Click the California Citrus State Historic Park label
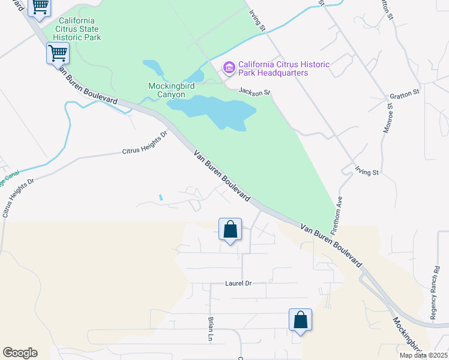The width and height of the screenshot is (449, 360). (x=80, y=28)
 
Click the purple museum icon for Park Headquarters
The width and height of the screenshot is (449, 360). (x=229, y=68)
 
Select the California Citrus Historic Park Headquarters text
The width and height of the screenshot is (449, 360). (x=284, y=68)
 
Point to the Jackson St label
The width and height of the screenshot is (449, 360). (x=255, y=92)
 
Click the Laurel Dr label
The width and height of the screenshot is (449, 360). (x=238, y=283)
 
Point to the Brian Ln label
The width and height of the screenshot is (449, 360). (x=211, y=329)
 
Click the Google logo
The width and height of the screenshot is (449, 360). (x=20, y=353)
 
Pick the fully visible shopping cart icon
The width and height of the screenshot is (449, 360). (x=58, y=53)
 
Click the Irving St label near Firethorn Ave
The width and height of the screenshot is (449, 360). (x=367, y=172)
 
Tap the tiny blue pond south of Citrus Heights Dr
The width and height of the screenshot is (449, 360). (x=160, y=197)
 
